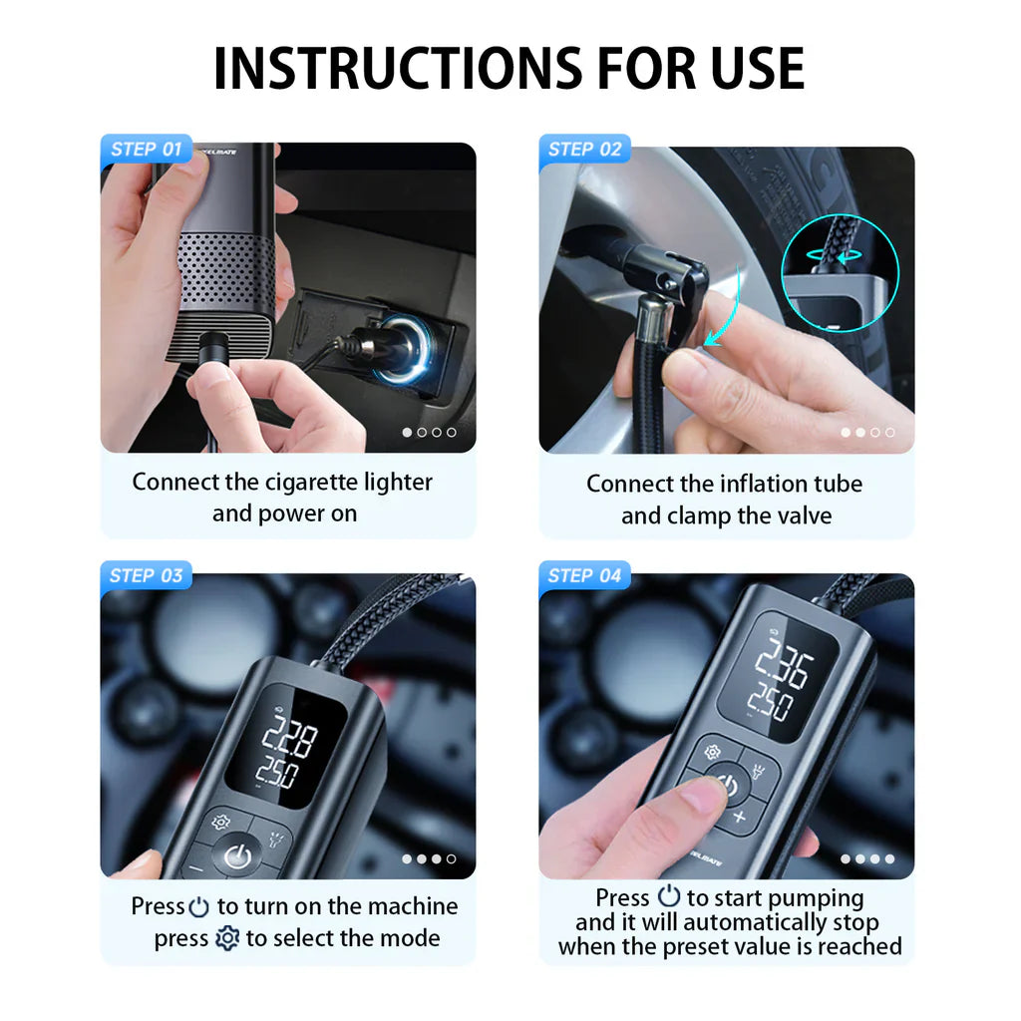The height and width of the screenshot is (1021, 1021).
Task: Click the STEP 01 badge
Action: tap(146, 150)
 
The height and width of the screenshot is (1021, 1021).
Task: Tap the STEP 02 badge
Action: tap(584, 150)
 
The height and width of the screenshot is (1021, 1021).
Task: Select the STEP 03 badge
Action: tap(146, 575)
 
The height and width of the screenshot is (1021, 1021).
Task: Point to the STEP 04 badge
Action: tap(584, 575)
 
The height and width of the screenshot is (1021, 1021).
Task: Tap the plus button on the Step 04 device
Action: tap(740, 818)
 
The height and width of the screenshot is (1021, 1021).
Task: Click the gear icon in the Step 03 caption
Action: tap(227, 939)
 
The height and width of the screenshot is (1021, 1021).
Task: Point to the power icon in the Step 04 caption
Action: tap(669, 897)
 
